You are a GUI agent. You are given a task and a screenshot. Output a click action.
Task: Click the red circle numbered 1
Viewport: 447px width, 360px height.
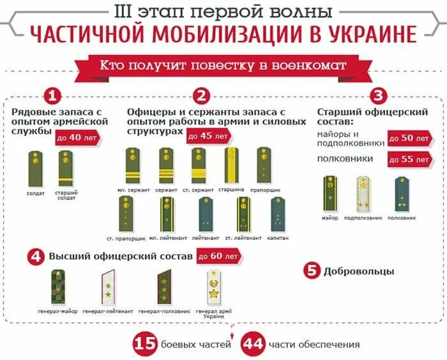click(x=53, y=96)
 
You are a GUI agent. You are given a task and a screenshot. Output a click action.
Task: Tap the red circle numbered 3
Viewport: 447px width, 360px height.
click(x=379, y=96)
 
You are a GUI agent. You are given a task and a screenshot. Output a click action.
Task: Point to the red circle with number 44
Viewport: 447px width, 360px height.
click(x=254, y=344)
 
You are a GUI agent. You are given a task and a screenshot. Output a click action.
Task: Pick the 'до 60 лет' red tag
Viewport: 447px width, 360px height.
click(x=218, y=256)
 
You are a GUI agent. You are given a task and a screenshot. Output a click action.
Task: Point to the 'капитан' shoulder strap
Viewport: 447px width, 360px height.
click(x=278, y=214)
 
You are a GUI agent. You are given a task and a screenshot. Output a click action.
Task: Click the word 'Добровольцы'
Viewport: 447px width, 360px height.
click(x=359, y=271)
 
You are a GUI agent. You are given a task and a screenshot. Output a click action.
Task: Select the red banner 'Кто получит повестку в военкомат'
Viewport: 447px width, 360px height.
click(x=223, y=65)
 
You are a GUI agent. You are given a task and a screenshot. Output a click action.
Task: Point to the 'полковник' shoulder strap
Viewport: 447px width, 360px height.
click(x=401, y=193)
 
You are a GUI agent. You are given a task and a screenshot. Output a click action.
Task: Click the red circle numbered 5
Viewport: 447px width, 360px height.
click(x=312, y=270)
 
